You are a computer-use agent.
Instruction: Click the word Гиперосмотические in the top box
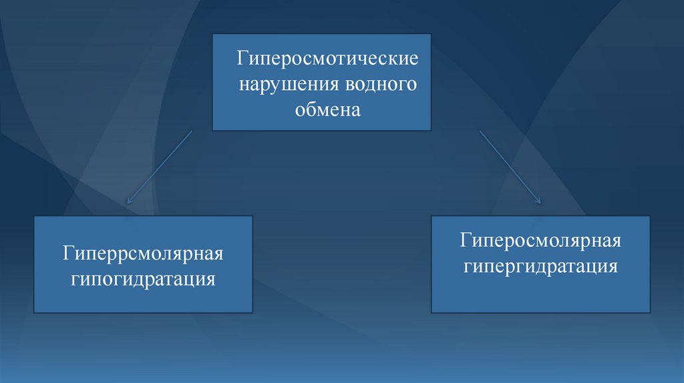coord(327,58)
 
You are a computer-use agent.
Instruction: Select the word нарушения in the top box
coord(289,83)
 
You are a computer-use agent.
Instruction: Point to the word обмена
coord(328,109)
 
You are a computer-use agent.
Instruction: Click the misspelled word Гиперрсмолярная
coord(143,253)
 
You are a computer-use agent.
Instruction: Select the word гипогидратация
coord(143,279)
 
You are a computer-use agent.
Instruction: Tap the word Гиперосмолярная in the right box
coord(540,240)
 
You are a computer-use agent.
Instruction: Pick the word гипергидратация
coord(540,266)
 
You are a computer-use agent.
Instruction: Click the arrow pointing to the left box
coord(159,167)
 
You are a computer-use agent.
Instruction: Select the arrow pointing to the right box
coord(510,167)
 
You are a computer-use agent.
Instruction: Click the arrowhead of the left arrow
coord(128,202)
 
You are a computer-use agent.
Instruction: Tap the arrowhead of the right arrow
coord(540,202)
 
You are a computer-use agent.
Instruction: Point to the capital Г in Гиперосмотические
coord(242,58)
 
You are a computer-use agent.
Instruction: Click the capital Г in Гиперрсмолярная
coord(69,253)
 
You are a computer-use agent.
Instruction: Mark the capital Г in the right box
coord(466,240)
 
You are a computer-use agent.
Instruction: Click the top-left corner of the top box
coord(212,34)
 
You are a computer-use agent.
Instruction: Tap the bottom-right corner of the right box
coord(650,312)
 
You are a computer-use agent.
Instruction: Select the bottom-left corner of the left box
coord(34,312)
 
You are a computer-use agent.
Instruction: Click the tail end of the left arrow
coord(192,131)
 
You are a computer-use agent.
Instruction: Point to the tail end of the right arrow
coord(480,131)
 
